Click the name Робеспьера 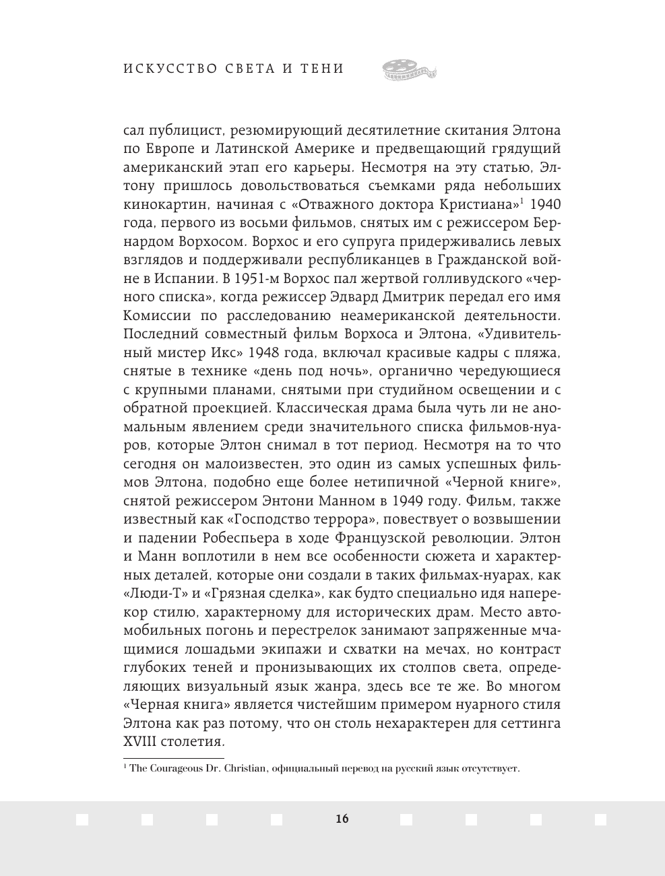coord(241,538)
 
